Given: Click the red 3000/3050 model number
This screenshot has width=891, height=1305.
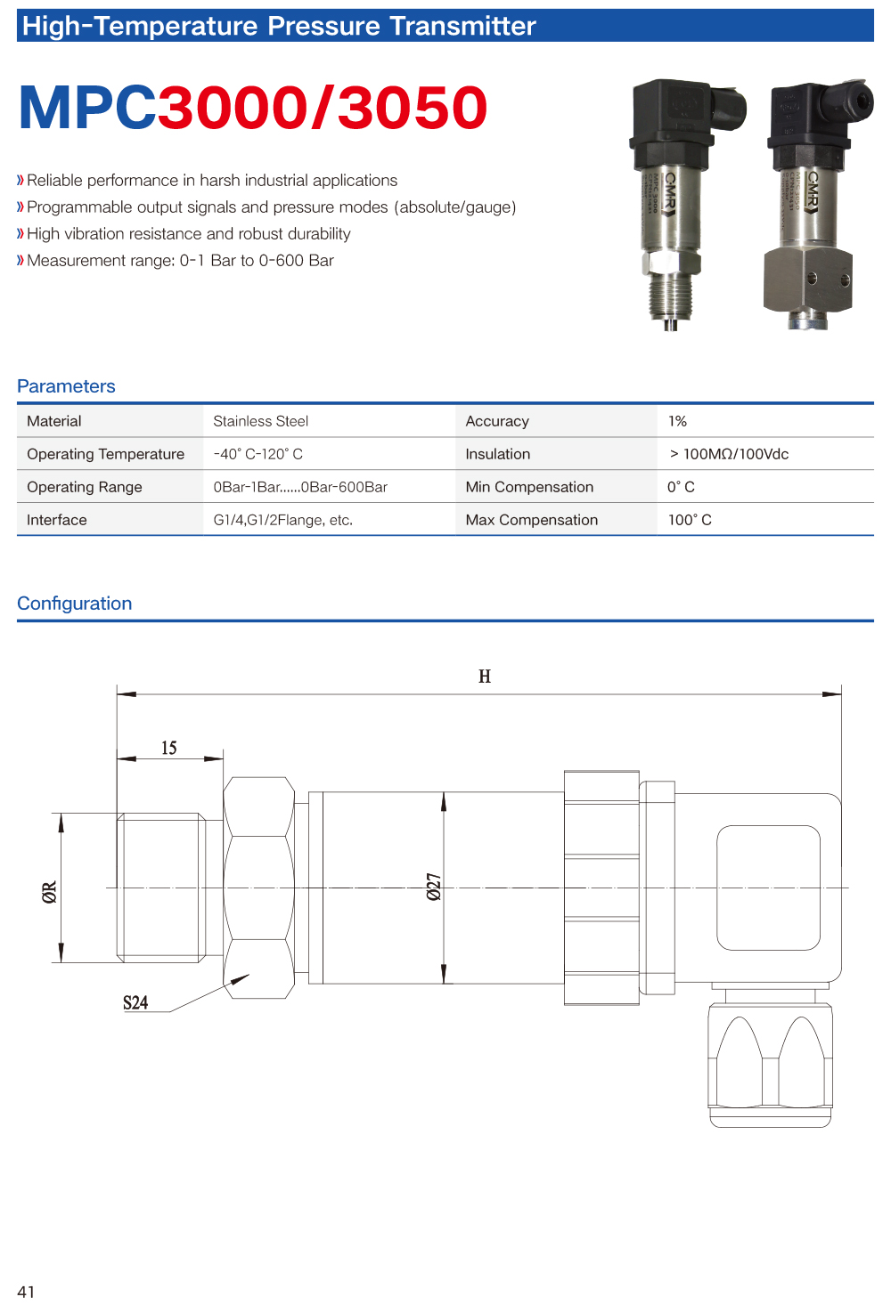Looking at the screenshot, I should coord(323,109).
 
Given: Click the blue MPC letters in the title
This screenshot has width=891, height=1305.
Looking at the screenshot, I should coord(87,109).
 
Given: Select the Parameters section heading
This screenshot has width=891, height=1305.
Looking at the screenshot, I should coord(66,386).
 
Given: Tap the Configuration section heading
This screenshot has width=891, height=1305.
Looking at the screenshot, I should coord(75,604).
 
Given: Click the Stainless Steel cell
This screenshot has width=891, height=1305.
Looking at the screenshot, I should coord(260,421).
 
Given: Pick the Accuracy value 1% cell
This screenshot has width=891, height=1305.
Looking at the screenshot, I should coord(677,421).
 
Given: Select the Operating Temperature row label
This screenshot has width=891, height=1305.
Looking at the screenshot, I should coord(105,454).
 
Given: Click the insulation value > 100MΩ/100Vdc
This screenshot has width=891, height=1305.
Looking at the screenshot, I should coord(729,454).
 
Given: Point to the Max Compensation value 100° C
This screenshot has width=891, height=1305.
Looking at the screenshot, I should coord(690,520).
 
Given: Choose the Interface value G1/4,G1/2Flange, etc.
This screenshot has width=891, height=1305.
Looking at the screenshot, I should coord(282,520).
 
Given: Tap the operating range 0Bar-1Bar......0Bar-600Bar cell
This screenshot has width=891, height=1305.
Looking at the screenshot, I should coord(300,487).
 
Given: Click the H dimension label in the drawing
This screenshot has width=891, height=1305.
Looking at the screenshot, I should coord(485,677).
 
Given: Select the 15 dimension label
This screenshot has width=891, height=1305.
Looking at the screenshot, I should coord(169,748).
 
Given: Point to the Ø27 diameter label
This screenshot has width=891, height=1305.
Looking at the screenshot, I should coord(434,887).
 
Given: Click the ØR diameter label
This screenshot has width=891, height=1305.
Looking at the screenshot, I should coord(50,891).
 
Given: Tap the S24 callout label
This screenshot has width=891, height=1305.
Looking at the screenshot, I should coord(135,1002).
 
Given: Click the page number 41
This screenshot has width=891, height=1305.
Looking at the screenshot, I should coord(26,1292).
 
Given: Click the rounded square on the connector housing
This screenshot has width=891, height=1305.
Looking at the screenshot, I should coord(768,888).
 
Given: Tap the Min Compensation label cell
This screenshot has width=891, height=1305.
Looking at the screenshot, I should coord(529,487).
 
